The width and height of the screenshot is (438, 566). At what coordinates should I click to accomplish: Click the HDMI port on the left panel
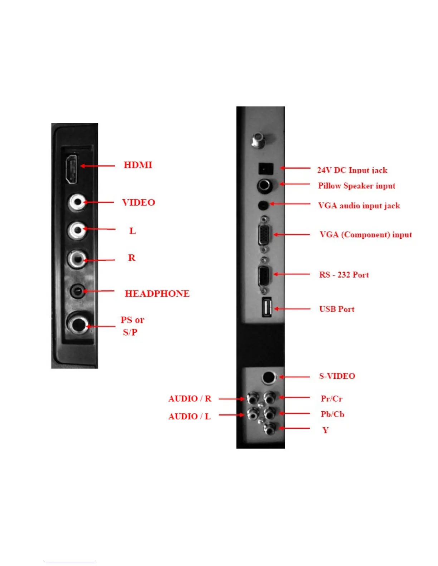[x=72, y=170]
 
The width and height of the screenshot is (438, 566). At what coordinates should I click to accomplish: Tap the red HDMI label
[x=138, y=165]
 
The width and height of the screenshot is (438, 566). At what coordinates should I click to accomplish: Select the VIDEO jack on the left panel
[x=77, y=202]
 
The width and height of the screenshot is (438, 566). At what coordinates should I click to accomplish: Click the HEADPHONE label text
[x=157, y=294]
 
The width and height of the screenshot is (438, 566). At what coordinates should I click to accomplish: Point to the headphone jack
[x=77, y=291]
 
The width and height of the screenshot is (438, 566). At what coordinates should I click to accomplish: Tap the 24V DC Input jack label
[x=352, y=170]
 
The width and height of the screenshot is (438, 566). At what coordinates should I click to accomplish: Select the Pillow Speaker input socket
[x=264, y=185]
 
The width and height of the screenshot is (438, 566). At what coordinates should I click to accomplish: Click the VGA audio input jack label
[x=359, y=205]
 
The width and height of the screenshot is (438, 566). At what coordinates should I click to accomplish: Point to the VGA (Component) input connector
[x=264, y=234]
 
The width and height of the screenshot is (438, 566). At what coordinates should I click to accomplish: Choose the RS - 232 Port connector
[x=264, y=275]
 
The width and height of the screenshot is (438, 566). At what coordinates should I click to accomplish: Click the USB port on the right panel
[x=267, y=307]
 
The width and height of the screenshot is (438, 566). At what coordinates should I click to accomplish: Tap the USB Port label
[x=337, y=309]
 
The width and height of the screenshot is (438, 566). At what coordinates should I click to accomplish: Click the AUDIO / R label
[x=190, y=398]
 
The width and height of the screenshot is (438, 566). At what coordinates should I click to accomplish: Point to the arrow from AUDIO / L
[x=231, y=415]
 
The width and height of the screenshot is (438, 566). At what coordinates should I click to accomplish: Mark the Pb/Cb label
[x=332, y=414]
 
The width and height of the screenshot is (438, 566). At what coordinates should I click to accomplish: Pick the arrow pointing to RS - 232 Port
[x=292, y=274]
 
